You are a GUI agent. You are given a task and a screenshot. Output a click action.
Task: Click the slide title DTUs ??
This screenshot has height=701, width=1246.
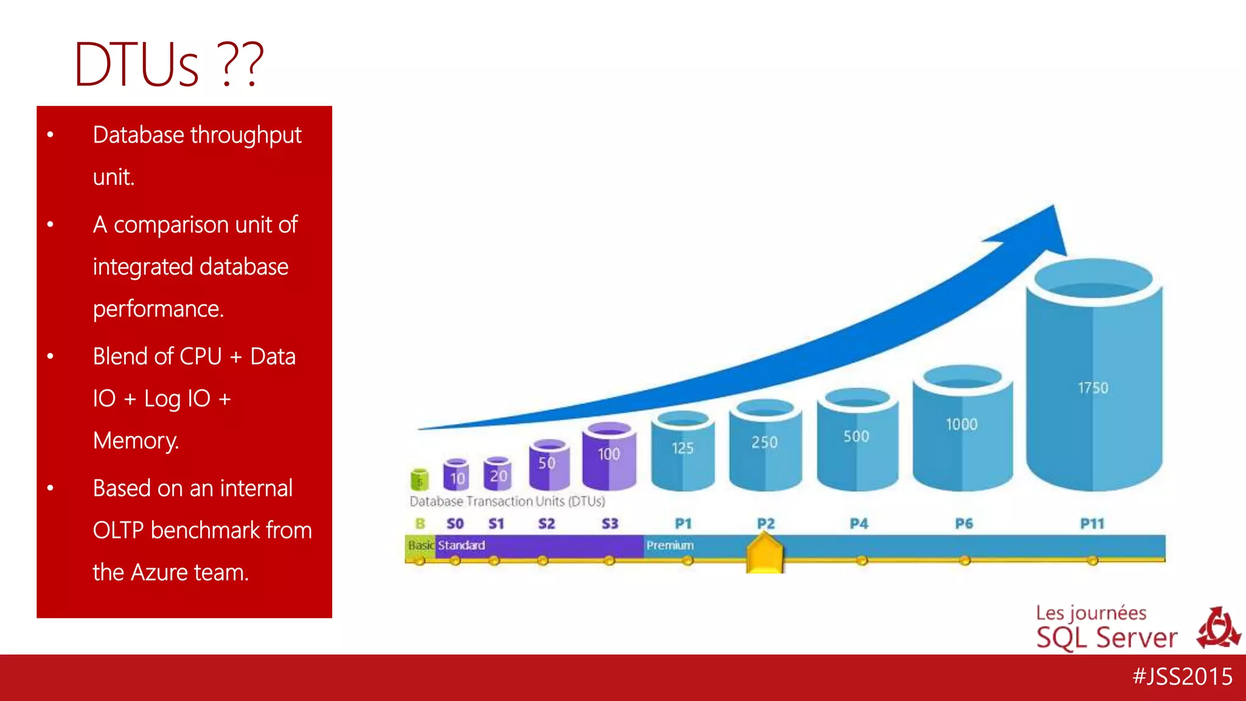click(169, 65)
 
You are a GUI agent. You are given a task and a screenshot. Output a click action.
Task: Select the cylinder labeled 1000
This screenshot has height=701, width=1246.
click(962, 432)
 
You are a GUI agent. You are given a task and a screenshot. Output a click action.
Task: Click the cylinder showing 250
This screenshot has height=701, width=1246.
click(765, 447)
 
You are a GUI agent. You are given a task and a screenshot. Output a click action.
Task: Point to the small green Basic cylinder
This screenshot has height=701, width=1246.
click(419, 480)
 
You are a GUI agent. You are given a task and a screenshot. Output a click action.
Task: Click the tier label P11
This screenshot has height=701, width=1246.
click(1092, 523)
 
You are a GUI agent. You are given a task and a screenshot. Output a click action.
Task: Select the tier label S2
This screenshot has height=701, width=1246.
click(546, 523)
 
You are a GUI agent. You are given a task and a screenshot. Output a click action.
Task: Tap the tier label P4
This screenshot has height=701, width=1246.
click(858, 523)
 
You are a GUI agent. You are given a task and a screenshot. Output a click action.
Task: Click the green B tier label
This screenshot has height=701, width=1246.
click(420, 523)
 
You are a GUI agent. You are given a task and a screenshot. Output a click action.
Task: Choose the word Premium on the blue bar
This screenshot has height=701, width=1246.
click(670, 545)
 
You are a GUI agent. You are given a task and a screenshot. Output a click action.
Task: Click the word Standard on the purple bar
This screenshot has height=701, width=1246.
click(461, 545)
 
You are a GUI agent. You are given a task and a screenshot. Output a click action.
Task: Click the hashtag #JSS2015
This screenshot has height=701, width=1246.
click(1182, 677)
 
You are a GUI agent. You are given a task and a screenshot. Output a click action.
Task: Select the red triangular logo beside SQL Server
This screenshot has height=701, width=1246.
click(1218, 629)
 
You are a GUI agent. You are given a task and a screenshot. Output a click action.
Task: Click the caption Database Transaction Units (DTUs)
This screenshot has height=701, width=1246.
click(507, 501)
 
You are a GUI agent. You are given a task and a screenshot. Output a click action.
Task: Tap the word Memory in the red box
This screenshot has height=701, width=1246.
click(136, 441)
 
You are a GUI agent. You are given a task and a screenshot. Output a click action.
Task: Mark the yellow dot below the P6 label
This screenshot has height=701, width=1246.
click(965, 560)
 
